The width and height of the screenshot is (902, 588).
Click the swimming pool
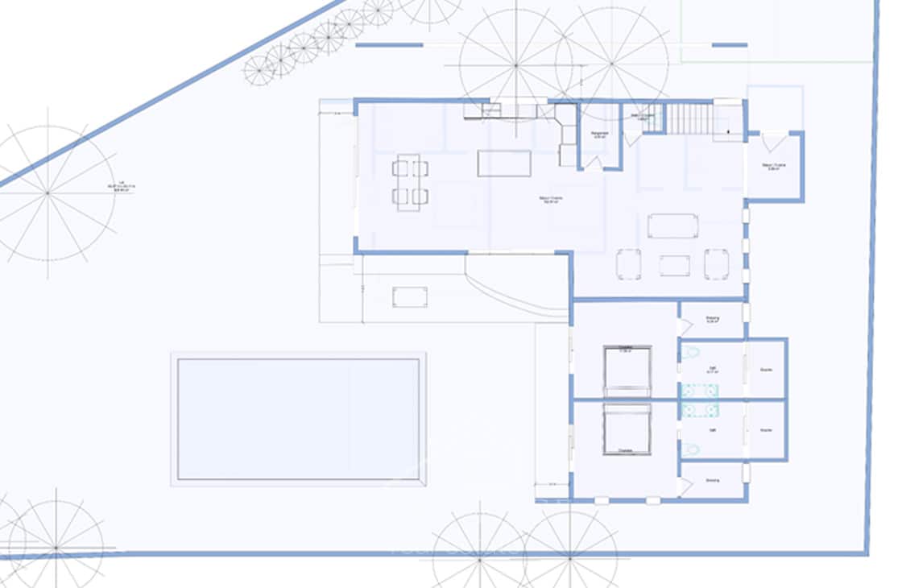point(298,419)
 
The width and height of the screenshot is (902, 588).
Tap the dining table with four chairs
point(410,182)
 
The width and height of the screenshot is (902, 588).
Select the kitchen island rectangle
point(504,163)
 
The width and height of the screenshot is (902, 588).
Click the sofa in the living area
point(672,226)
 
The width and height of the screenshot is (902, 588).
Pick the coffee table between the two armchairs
point(674,266)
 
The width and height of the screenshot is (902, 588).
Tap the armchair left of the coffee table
point(629,264)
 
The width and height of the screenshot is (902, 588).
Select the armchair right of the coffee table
point(716,264)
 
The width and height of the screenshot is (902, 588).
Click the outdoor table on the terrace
point(410,296)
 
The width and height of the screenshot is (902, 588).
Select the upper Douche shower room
point(766,369)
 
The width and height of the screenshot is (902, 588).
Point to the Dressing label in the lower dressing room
point(713,481)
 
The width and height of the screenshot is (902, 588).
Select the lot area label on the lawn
point(122,186)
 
